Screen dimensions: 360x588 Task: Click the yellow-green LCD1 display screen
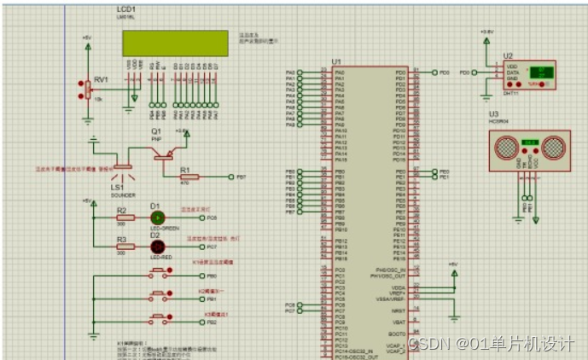tap(174, 42)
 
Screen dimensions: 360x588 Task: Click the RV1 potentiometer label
tap(100, 79)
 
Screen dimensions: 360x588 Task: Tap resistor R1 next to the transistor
tap(189, 177)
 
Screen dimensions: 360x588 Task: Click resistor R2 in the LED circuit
tap(125, 218)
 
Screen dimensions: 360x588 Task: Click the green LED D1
tap(156, 218)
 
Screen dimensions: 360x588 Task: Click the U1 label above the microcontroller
tap(336, 62)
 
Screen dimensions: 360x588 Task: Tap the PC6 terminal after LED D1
tap(201, 218)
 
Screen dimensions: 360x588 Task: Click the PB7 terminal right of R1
tap(232, 177)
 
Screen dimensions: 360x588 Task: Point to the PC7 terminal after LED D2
tap(201, 247)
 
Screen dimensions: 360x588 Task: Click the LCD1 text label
tap(127, 9)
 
